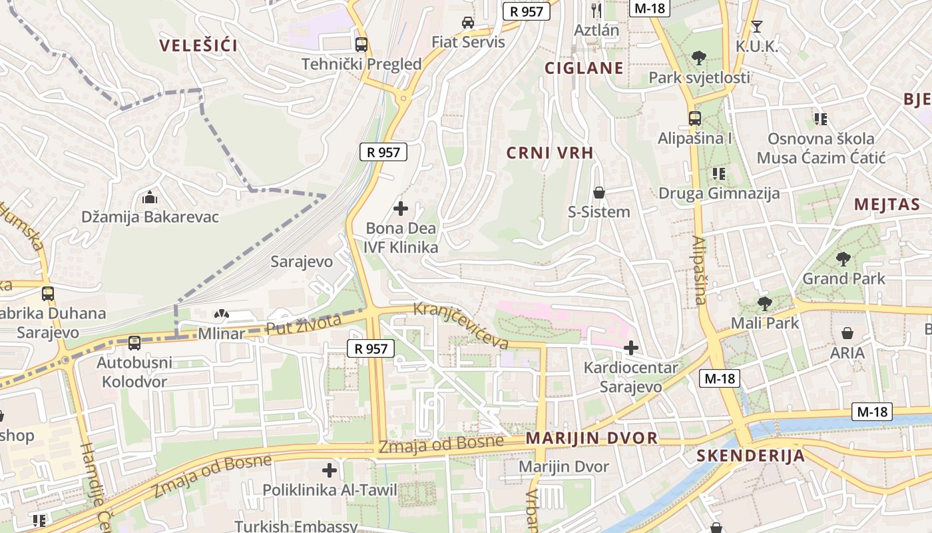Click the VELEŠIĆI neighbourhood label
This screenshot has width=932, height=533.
click(x=198, y=46)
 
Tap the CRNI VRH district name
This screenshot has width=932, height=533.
click(x=549, y=153)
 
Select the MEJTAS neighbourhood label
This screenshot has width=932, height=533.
click(x=887, y=205)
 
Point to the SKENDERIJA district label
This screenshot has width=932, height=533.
click(x=750, y=456)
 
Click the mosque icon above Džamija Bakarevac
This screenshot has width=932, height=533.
click(x=150, y=198)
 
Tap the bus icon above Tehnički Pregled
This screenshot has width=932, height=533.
click(x=361, y=45)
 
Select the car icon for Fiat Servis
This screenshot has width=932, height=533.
click(x=468, y=23)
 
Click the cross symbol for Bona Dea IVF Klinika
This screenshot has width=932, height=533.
click(x=401, y=209)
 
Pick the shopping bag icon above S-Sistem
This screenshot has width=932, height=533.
click(x=599, y=193)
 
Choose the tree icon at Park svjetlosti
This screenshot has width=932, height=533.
click(x=699, y=58)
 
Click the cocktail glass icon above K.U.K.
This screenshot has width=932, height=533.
click(x=757, y=27)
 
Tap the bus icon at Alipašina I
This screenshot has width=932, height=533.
click(x=695, y=119)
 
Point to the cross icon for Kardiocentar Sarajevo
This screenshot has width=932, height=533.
click(x=630, y=348)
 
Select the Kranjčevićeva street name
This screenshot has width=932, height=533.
click(x=461, y=325)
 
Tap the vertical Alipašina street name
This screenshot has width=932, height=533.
click(x=699, y=270)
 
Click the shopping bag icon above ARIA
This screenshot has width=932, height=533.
click(x=847, y=333)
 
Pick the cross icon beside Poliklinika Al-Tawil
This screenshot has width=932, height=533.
click(x=330, y=470)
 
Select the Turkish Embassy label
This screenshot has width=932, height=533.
click(x=296, y=526)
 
